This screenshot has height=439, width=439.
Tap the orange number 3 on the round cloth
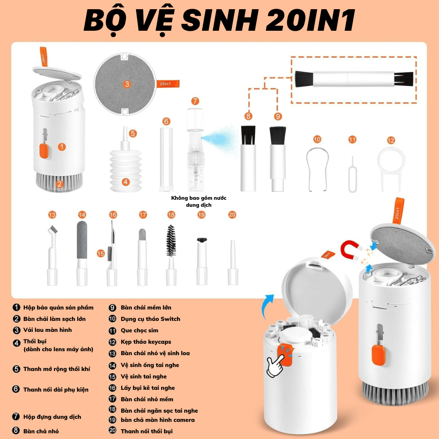(x=127, y=84)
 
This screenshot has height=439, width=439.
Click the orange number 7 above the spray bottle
(x=195, y=101)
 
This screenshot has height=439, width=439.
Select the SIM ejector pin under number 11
(x=353, y=175)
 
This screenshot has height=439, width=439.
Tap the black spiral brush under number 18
(x=171, y=241)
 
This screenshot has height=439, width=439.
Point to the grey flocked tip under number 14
(x=82, y=240)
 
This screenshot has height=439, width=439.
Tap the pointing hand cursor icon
(x=276, y=363)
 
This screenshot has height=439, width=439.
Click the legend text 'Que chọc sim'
(x=140, y=331)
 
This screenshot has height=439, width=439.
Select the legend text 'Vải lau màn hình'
(x=47, y=330)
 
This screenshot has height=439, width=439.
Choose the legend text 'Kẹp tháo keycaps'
(x=146, y=342)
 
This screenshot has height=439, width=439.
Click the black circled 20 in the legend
(x=112, y=430)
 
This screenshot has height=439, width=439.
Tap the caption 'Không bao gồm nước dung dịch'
(x=198, y=202)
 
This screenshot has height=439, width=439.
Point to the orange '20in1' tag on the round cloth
(x=167, y=84)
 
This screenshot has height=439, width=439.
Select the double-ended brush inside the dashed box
(x=354, y=79)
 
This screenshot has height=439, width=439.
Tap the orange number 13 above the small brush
(x=52, y=215)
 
